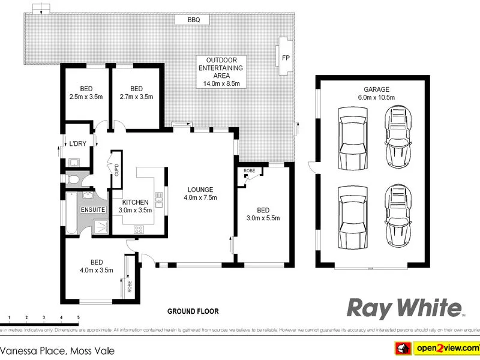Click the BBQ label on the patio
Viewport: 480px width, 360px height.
193,20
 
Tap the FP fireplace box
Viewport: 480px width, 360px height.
285,58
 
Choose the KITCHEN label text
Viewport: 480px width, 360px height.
136,202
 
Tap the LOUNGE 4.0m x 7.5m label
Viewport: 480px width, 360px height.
200,193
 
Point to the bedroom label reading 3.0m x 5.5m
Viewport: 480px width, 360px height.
263,214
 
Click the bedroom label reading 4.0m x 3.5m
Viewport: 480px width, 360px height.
96,266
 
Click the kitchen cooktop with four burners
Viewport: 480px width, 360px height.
138,228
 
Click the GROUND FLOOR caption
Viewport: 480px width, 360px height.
193,311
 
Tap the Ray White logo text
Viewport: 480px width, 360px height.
405,308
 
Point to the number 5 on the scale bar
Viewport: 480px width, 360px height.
78,317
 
